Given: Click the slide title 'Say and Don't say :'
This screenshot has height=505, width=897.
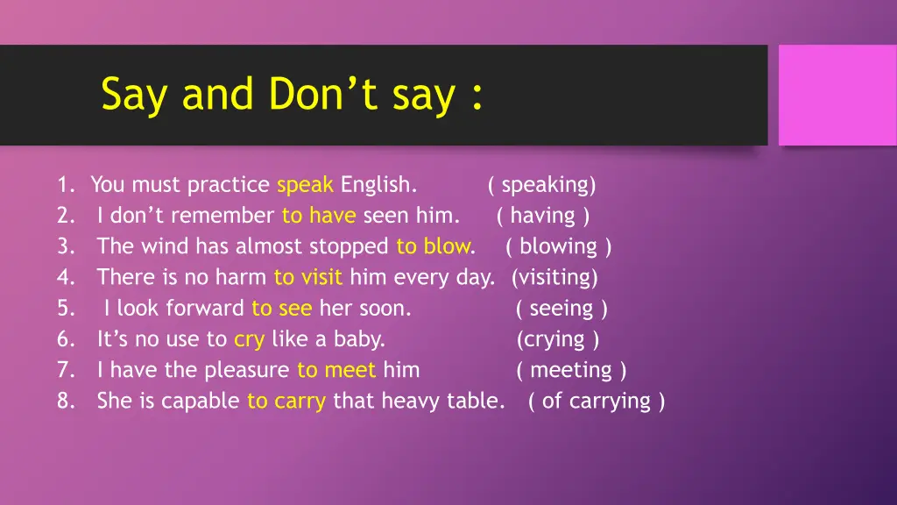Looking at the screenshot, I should (x=292, y=95).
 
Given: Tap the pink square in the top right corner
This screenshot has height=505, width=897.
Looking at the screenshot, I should (x=837, y=95).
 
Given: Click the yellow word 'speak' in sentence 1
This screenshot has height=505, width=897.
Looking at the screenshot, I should (x=305, y=185).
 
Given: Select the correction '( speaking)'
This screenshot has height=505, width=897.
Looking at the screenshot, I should (x=542, y=185).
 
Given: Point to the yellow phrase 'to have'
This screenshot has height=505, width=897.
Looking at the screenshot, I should (x=318, y=216).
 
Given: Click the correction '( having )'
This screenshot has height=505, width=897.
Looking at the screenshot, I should (x=543, y=216).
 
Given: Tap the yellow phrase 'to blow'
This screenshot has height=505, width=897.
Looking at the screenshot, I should (x=433, y=246).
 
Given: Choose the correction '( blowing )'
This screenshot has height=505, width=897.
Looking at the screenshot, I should (x=559, y=246).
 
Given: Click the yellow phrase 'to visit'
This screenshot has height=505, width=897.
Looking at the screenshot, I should (x=308, y=278).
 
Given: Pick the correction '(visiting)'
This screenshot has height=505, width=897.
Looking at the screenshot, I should (x=554, y=278).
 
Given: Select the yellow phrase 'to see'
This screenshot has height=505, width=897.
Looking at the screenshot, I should (x=281, y=309).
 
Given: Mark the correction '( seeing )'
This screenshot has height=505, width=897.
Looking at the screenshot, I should (x=562, y=309).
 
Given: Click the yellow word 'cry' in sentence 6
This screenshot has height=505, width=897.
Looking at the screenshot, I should (x=249, y=339).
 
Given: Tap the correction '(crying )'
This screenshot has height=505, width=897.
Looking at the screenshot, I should (x=558, y=339).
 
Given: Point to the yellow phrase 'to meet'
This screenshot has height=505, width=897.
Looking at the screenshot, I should (x=336, y=370).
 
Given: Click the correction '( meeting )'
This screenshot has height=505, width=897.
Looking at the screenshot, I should (x=571, y=370).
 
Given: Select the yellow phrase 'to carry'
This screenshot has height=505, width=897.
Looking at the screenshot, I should (x=286, y=402).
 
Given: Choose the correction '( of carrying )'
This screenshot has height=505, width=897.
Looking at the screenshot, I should (x=597, y=402).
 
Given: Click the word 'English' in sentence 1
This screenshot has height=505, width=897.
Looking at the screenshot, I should (x=378, y=185).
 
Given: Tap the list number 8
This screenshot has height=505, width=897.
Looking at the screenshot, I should (x=66, y=402).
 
